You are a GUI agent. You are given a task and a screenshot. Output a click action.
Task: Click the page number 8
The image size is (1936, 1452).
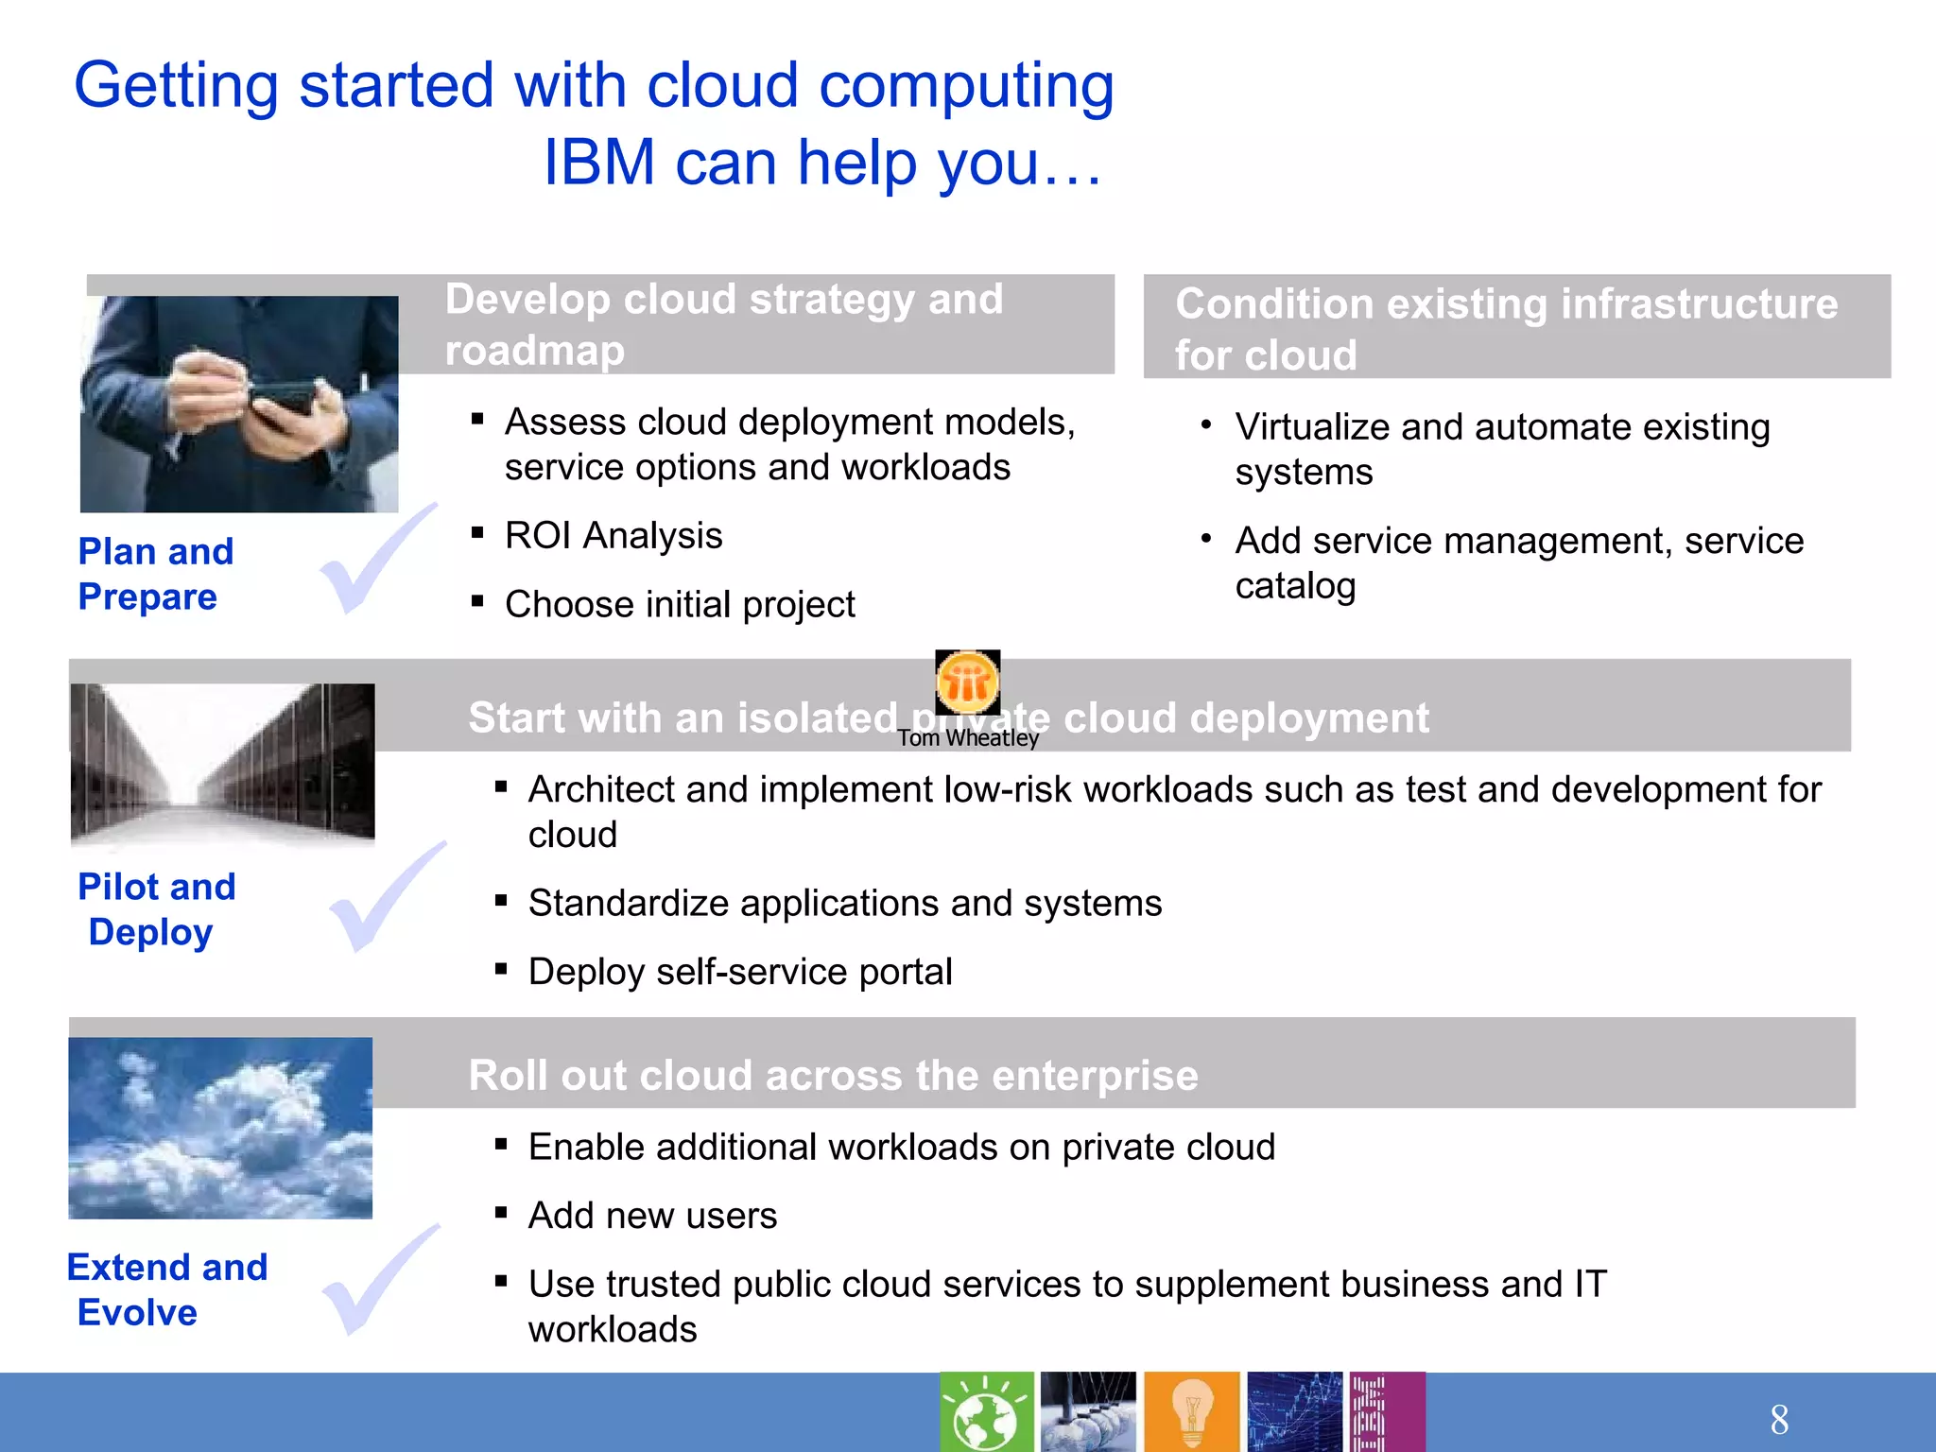pyautogui.click(x=1779, y=1419)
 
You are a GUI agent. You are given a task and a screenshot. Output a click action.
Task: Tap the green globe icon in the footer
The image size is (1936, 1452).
pyautogui.click(x=986, y=1412)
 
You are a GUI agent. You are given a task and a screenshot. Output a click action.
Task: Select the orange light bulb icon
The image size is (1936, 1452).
pyautogui.click(x=1191, y=1412)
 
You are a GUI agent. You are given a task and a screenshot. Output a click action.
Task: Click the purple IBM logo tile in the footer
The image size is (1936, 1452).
pyautogui.click(x=1386, y=1412)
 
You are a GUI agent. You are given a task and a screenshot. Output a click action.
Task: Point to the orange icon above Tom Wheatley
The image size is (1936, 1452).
pyautogui.click(x=967, y=682)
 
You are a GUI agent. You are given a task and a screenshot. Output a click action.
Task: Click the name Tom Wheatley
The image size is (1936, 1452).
pyautogui.click(x=967, y=738)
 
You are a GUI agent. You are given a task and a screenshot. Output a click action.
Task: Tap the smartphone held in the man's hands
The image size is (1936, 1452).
pyautogui.click(x=284, y=402)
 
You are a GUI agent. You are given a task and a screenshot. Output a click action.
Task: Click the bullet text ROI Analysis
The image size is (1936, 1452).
pyautogui.click(x=613, y=536)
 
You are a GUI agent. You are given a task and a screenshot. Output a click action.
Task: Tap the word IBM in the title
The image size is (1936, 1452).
pyautogui.click(x=598, y=163)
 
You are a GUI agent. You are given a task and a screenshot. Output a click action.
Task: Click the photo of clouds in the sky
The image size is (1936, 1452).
pyautogui.click(x=220, y=1128)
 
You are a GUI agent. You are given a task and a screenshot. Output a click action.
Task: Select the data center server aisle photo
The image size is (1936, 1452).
pyautogui.click(x=222, y=762)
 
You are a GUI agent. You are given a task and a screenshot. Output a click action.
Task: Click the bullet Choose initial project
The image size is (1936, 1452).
pyautogui.click(x=679, y=605)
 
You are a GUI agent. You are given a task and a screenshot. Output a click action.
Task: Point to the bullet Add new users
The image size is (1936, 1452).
pyautogui.click(x=652, y=1216)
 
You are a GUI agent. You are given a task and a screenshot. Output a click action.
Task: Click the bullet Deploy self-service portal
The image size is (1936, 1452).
pyautogui.click(x=739, y=972)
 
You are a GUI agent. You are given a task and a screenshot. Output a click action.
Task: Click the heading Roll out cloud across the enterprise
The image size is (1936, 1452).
pyautogui.click(x=833, y=1076)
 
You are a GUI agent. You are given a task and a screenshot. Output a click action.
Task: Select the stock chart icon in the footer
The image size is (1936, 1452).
pyautogui.click(x=1294, y=1412)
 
